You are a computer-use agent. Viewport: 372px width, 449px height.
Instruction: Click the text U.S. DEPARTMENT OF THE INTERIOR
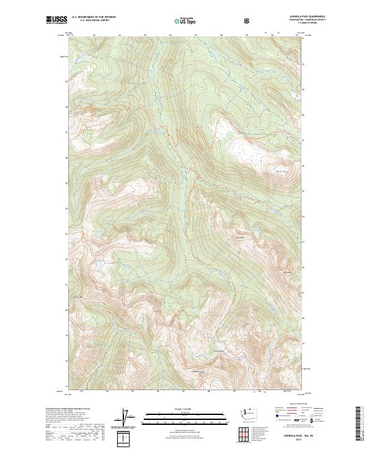pyautogui.click(x=94, y=18)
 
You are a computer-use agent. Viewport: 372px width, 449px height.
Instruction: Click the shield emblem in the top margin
pyautogui.click(x=247, y=20)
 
